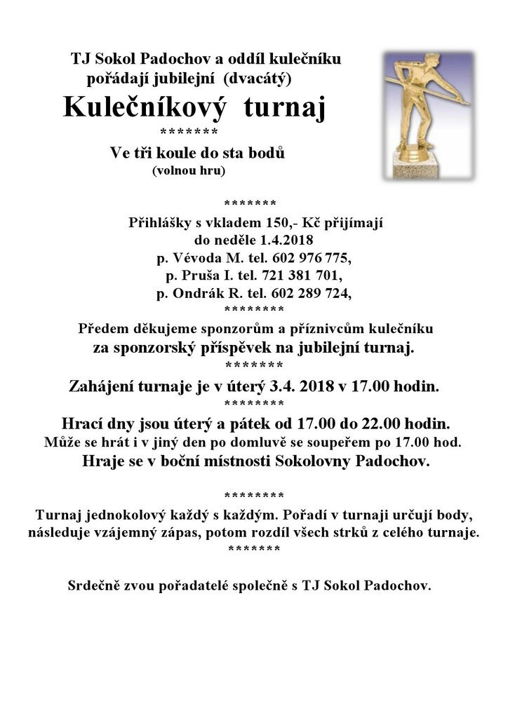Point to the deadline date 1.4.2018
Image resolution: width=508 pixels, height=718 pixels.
click(286, 240)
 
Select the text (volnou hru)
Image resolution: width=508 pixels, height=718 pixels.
click(189, 169)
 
